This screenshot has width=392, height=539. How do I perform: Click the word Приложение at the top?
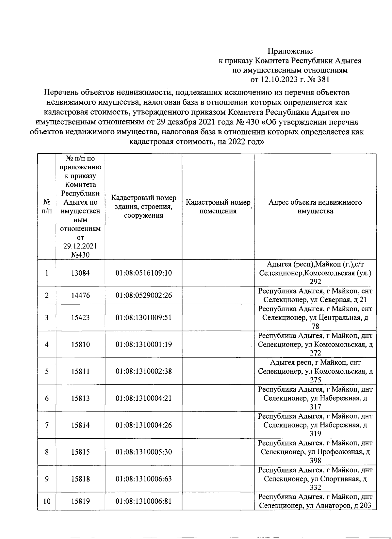click(x=290, y=51)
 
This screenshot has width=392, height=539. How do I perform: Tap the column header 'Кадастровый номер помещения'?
click(x=218, y=207)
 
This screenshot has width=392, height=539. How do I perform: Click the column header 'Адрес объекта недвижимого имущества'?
click(x=315, y=207)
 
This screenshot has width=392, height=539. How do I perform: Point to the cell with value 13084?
click(x=80, y=273)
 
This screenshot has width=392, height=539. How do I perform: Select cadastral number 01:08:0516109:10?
click(x=143, y=273)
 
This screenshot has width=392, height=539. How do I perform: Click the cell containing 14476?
click(x=80, y=295)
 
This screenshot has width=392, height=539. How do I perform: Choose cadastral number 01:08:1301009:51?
click(x=143, y=317)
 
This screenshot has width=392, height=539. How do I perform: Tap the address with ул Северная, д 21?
click(x=315, y=295)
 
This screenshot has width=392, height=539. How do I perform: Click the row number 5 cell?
click(x=47, y=371)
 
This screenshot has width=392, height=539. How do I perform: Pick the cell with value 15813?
click(x=80, y=398)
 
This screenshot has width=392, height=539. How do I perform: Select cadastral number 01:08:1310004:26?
click(x=143, y=425)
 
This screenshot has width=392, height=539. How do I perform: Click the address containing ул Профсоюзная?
click(x=315, y=452)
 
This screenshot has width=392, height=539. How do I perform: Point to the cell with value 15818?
click(x=80, y=479)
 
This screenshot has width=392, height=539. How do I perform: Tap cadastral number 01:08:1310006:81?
click(x=143, y=501)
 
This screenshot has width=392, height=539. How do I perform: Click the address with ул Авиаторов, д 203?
click(x=315, y=501)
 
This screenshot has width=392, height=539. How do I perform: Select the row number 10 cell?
click(x=47, y=501)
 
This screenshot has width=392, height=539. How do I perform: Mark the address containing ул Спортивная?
click(x=315, y=479)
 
